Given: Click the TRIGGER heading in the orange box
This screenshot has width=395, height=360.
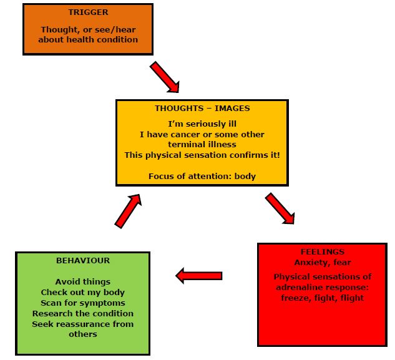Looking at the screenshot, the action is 88,12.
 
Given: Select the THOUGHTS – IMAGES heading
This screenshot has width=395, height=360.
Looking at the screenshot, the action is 202,109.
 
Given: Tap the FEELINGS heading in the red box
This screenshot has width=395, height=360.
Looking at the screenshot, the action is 323,251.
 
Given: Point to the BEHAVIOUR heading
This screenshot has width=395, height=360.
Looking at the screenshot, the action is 83,260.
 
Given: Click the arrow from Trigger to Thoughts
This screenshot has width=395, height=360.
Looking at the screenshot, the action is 165,77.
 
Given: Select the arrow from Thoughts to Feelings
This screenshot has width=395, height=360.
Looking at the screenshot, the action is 280,208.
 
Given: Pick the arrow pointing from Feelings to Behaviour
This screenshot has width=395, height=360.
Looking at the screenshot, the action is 199,276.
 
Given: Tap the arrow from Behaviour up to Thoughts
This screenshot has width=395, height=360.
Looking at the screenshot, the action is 128,211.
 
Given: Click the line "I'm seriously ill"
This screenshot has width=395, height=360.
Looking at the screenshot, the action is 202,124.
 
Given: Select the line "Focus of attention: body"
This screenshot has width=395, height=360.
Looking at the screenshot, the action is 202,177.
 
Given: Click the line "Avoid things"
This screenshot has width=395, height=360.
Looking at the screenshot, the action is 83,281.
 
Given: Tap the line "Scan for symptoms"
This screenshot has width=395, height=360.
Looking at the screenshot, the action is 83,303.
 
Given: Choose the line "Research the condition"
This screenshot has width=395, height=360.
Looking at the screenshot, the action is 83,313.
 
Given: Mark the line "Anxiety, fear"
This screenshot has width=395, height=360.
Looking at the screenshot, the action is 323,263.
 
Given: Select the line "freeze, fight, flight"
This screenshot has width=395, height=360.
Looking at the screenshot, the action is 323,298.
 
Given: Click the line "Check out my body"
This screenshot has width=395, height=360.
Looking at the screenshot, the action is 83,292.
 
